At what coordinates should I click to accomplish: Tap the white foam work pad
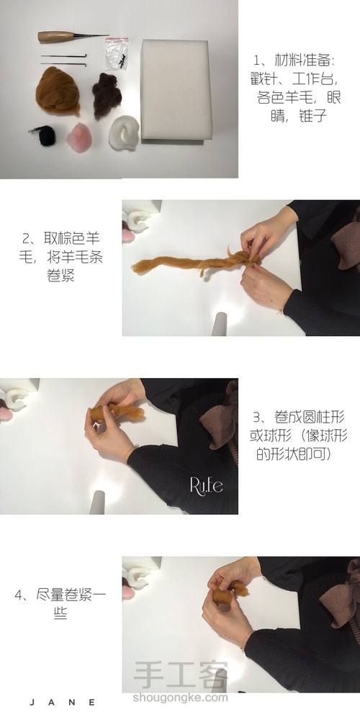click(176, 90)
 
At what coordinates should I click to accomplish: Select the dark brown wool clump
click(107, 95)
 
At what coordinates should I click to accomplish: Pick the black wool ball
click(44, 135)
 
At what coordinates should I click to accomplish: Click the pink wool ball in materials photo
click(79, 137)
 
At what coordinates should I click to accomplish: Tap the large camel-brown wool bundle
click(58, 91)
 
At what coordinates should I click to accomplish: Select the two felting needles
click(64, 60)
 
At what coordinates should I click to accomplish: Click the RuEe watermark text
click(206, 485)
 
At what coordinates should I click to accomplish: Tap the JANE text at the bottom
click(62, 703)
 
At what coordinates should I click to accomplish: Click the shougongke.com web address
click(180, 698)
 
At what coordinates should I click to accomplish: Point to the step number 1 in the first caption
click(256, 60)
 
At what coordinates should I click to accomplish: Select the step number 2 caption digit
click(26, 238)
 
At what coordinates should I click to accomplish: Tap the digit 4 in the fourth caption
click(19, 595)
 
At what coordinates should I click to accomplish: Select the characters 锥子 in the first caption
click(312, 116)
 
